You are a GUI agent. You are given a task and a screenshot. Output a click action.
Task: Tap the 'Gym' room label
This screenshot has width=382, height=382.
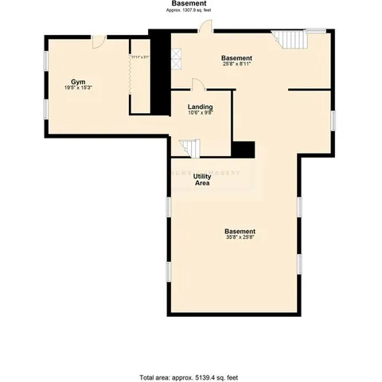tap(78, 82)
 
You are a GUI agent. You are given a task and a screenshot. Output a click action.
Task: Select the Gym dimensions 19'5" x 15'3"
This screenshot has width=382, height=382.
tap(78, 89)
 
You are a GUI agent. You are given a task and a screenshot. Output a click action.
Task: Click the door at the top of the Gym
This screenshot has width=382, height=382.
tap(98, 41)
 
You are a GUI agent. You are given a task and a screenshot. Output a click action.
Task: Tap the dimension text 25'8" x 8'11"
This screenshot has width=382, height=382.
tap(236, 64)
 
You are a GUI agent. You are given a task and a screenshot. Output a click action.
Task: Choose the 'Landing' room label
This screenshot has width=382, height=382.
tap(200, 106)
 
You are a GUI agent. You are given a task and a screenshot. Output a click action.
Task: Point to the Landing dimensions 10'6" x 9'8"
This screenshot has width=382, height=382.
tap(200, 113)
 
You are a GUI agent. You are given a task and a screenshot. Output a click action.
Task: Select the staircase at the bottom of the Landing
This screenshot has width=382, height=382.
tap(188, 147)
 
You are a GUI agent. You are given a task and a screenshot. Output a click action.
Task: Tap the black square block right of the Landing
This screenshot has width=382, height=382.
tap(243, 150)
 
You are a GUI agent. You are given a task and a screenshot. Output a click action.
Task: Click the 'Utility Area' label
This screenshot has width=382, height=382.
tap(202, 180)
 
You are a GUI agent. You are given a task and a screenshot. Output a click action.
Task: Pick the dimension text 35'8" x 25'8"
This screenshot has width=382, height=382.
tap(240, 237)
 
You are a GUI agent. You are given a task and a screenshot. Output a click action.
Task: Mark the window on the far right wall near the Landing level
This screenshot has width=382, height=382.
tap(333, 119)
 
